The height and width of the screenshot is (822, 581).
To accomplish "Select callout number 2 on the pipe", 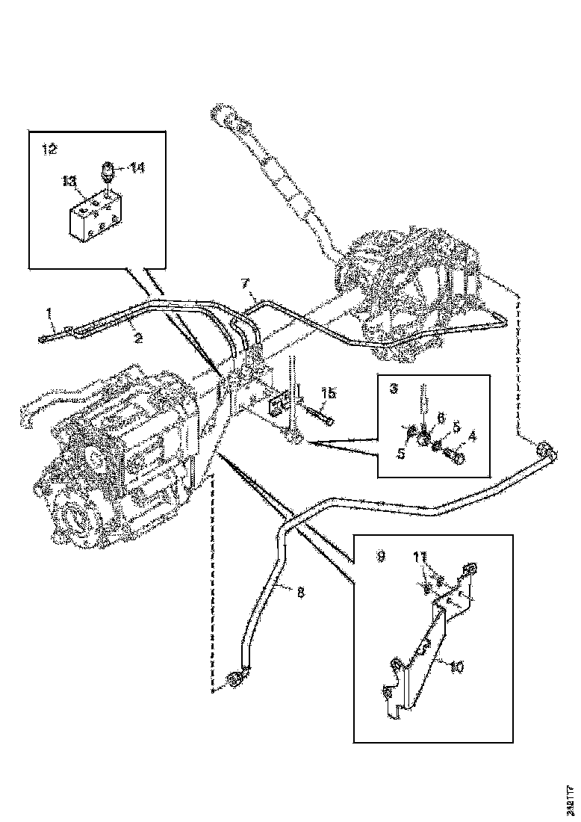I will pyautogui.click(x=137, y=337).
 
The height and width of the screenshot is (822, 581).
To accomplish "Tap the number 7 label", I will pyautogui.click(x=244, y=285).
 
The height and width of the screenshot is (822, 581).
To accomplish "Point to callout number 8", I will pyautogui.click(x=300, y=593).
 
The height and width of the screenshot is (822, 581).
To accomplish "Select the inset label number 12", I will pyautogui.click(x=49, y=149).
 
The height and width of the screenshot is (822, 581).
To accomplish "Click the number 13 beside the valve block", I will pyautogui.click(x=68, y=181).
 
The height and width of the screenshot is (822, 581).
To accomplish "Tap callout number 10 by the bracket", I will pyautogui.click(x=457, y=667).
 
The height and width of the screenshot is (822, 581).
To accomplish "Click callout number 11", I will pyautogui.click(x=420, y=557).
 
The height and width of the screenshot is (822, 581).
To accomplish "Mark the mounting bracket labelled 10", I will pyautogui.click(x=422, y=650).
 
